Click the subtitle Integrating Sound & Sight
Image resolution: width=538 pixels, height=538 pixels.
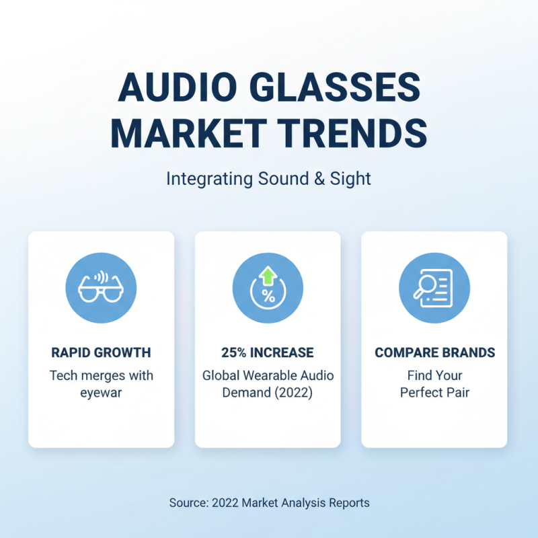tap(268, 180)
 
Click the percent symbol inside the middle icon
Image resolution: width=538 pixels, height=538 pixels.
tap(268, 297)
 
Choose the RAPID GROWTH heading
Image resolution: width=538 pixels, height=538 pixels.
tap(101, 352)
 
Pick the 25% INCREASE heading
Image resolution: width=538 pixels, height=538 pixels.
tap(268, 352)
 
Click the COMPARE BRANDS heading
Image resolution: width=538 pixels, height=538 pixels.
tap(434, 352)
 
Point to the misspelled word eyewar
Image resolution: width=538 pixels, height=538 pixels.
tap(101, 393)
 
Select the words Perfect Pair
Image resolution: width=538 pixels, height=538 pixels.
tap(434, 393)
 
